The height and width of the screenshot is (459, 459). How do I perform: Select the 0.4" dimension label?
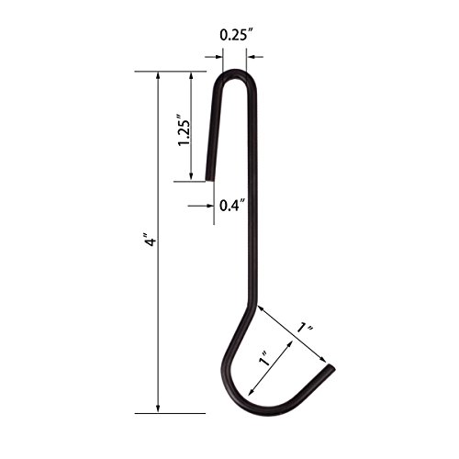point(232,206)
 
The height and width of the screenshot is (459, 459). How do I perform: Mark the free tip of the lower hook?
point(331,370)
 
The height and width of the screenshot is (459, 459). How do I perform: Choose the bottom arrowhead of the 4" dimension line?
point(158,410)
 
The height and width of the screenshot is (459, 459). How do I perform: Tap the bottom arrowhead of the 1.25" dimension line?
point(193,177)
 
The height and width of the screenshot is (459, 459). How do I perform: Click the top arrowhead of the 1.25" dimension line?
point(193,76)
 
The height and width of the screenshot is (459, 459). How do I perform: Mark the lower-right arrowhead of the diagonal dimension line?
point(324,361)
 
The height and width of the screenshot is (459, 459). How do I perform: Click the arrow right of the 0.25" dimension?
point(252,57)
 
